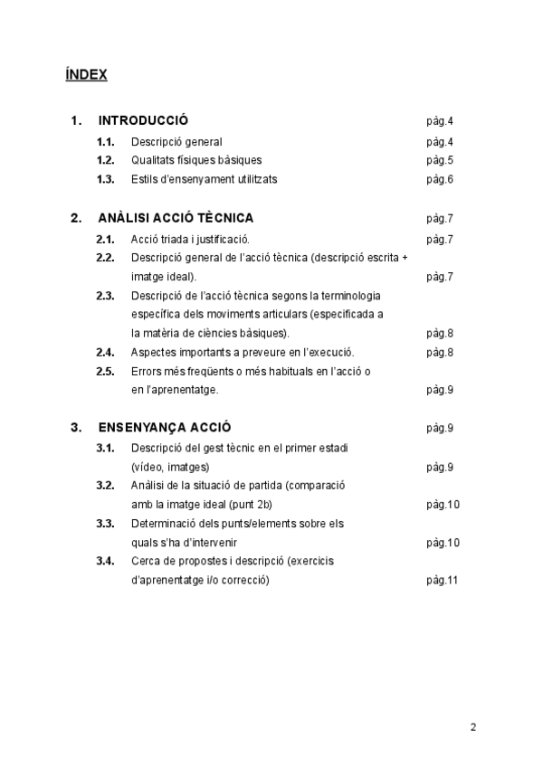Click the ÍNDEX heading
tap(86, 75)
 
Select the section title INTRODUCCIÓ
tap(143, 120)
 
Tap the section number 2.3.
tap(105, 296)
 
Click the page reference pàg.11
tap(442, 580)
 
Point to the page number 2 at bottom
tap(473, 726)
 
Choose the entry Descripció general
tap(176, 142)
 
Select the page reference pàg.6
tap(439, 179)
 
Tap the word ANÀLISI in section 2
tap(123, 218)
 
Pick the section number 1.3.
tap(105, 179)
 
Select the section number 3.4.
tap(105, 561)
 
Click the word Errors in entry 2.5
tap(147, 371)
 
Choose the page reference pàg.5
tap(439, 160)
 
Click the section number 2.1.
tap(105, 240)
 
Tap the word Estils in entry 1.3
tap(145, 179)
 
